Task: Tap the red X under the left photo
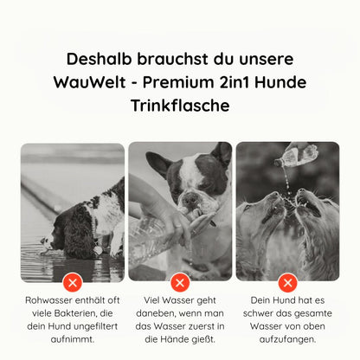tap(73, 281)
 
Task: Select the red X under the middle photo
tap(180, 281)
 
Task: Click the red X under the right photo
tap(287, 281)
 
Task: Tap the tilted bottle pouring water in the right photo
tap(297, 156)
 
